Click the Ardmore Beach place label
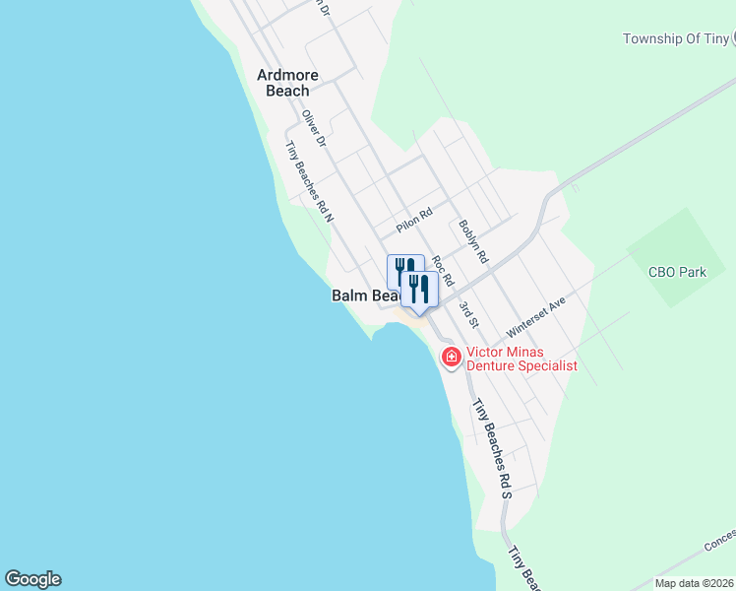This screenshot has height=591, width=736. tap(283, 83)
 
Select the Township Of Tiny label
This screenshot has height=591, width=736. tap(676, 38)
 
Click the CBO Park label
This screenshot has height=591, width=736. tap(677, 272)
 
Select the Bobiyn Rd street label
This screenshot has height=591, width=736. tap(473, 239)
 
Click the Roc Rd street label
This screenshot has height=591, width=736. tap(443, 272)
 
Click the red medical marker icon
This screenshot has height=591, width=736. tap(452, 356)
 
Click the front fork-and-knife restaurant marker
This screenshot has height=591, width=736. tap(420, 289)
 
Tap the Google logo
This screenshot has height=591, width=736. tap(32, 579)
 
